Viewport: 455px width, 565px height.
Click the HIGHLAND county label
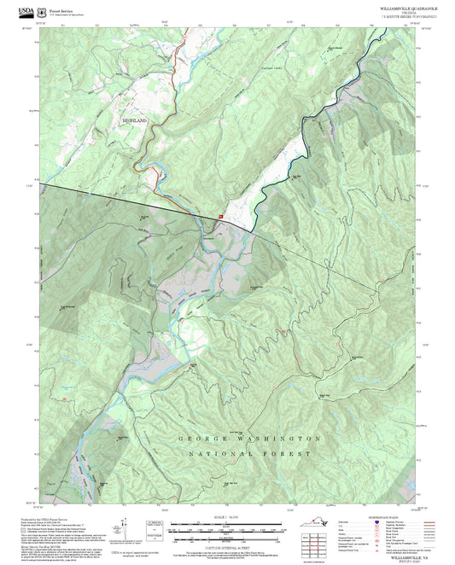134,121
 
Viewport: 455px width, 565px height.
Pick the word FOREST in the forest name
290,454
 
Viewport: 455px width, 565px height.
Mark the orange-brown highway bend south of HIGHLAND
154,171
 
